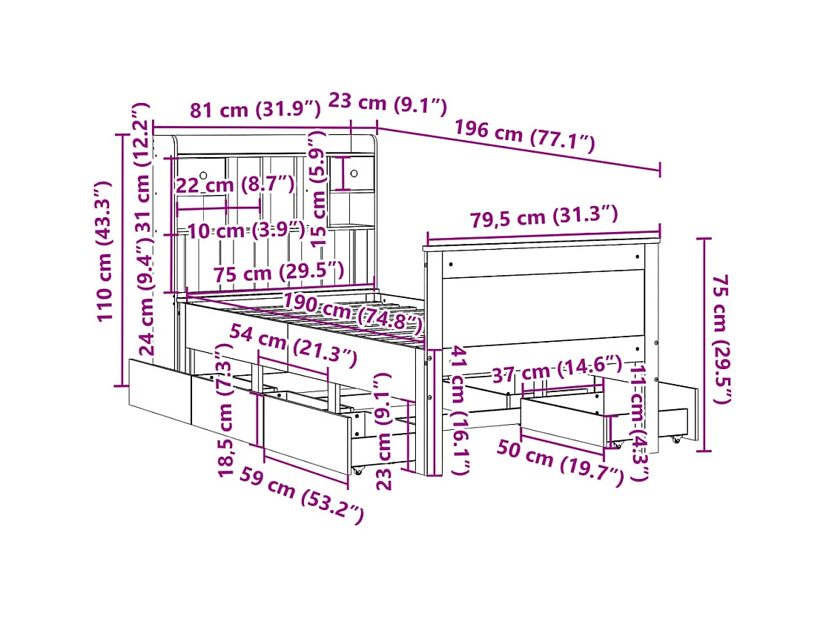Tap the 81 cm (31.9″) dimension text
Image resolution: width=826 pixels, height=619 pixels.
pos(255,110)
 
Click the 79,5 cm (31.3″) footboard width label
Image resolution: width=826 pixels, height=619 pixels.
pos(543,217)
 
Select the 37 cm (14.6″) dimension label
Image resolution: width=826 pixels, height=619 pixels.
pos(555,366)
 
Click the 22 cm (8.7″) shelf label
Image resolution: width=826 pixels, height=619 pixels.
pos(235,185)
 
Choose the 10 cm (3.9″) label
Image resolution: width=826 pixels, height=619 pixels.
pos(245,230)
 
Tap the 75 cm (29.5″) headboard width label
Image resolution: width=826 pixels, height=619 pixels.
pos(278,273)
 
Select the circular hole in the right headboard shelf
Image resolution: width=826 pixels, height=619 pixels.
pos(354,173)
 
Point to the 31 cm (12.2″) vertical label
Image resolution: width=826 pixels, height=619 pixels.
pos(143,167)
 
